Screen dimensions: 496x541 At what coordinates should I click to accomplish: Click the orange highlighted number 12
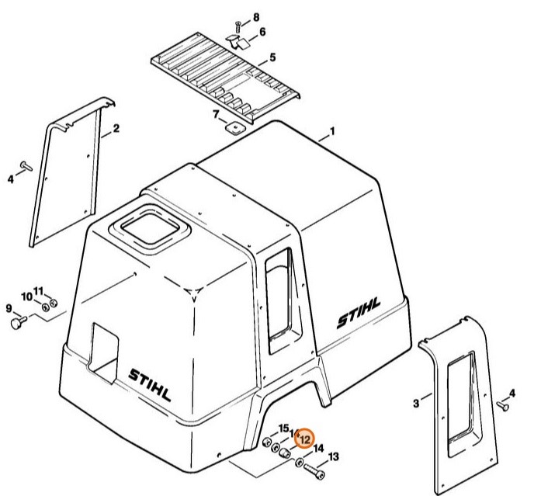[x=305, y=439]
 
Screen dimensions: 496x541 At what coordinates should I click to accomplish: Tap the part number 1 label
[x=332, y=132]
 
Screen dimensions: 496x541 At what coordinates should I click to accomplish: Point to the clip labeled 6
[x=236, y=39]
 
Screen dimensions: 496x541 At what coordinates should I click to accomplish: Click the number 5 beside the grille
[x=272, y=57]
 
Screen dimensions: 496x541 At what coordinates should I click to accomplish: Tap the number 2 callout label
[x=116, y=127]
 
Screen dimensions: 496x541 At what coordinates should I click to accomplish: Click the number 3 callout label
[x=416, y=403]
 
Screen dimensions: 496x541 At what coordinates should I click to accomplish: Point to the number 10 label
[x=26, y=297]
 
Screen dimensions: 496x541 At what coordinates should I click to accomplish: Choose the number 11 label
[x=39, y=290]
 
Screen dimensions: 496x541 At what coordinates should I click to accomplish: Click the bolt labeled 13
[x=316, y=470]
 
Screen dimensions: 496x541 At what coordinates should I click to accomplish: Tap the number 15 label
[x=283, y=428]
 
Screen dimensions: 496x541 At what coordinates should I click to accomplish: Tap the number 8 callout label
[x=255, y=17]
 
